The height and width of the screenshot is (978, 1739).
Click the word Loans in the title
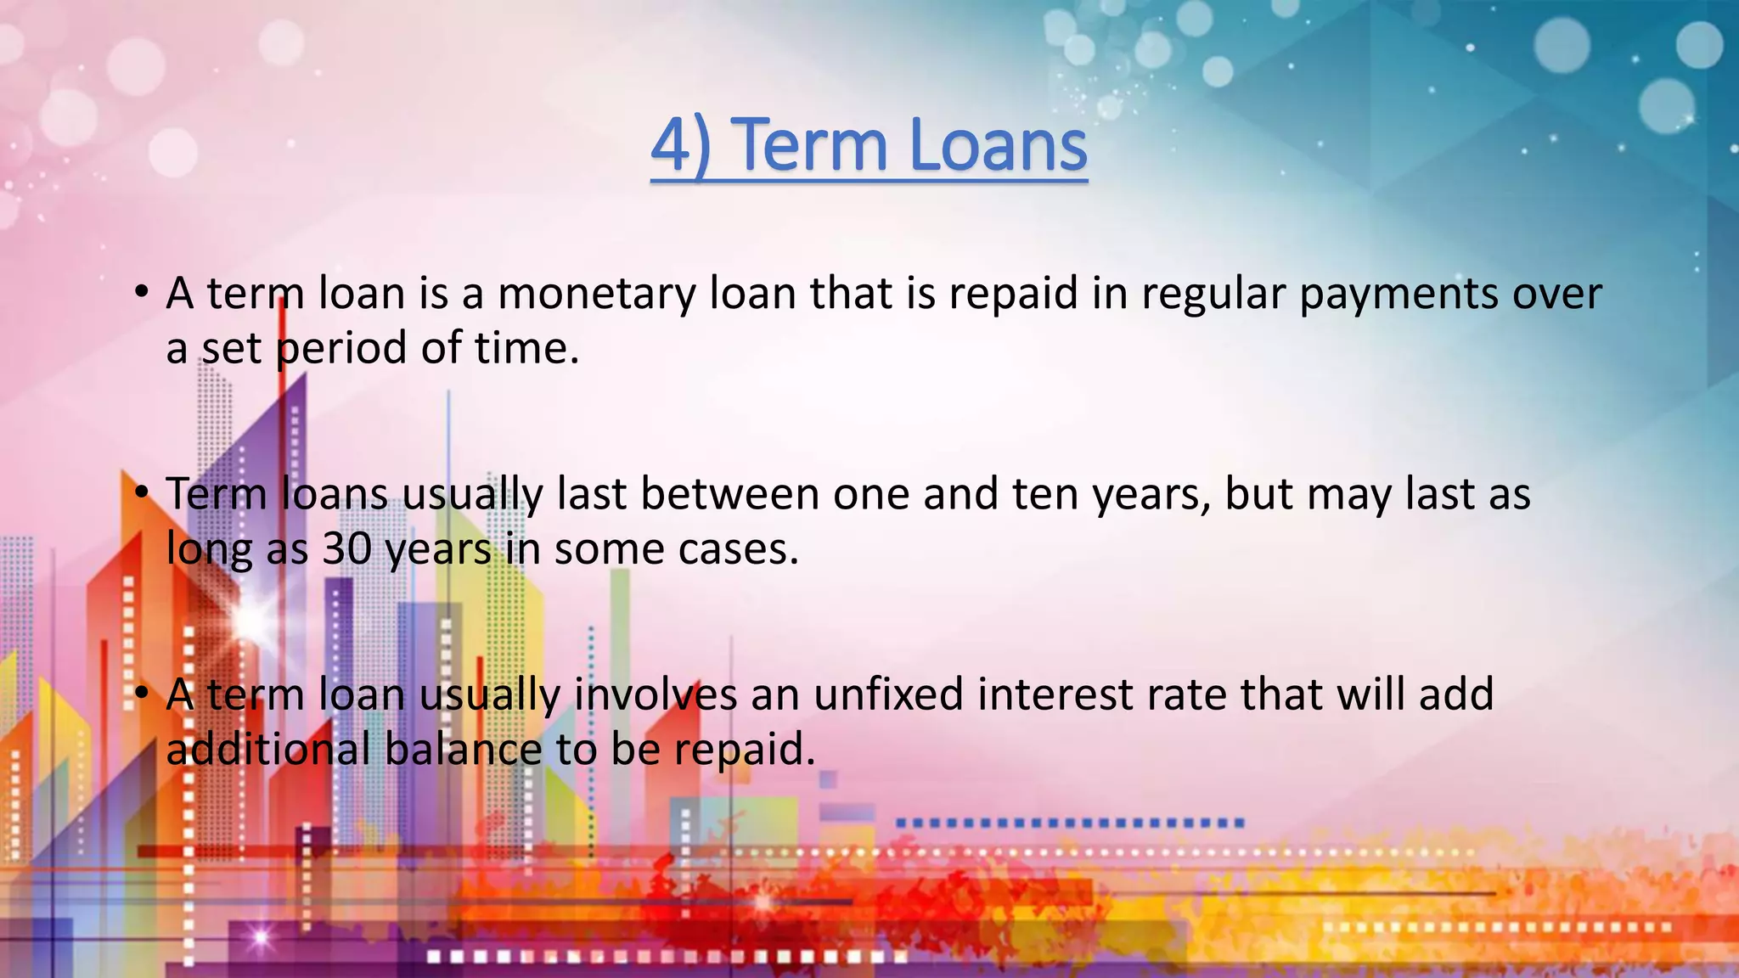coord(998,146)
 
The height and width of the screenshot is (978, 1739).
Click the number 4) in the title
coord(680,146)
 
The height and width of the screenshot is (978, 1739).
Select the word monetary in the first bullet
coord(595,294)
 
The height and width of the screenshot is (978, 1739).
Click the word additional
coord(267,750)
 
